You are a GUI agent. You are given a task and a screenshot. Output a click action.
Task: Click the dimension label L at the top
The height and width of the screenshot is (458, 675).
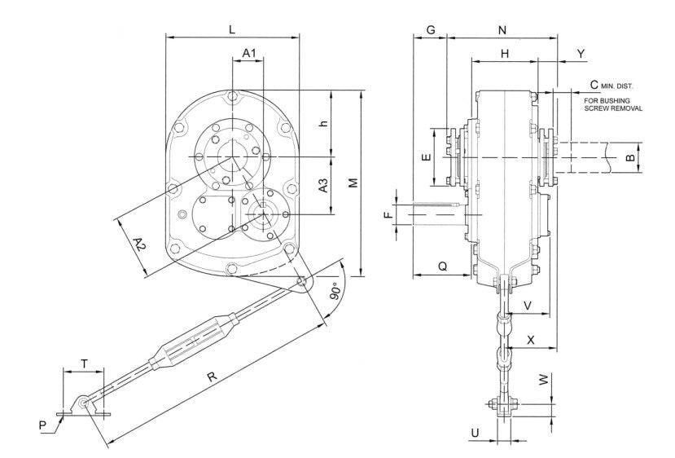(232, 29)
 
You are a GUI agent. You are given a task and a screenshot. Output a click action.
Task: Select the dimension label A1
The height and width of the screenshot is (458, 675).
(251, 53)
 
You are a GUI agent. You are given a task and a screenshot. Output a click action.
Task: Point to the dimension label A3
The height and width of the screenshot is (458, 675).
(323, 185)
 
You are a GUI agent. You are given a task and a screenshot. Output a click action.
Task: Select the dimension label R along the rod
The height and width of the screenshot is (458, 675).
(212, 377)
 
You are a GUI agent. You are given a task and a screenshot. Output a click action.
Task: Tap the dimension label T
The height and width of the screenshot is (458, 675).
(85, 363)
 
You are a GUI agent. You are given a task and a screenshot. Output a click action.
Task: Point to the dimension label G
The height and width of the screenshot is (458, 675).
(431, 30)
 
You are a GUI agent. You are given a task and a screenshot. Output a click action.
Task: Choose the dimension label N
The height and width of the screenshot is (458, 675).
(502, 30)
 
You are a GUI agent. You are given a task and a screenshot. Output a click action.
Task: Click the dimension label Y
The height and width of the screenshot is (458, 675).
(581, 53)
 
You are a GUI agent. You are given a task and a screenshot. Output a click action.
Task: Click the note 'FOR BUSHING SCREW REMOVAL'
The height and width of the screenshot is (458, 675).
(613, 104)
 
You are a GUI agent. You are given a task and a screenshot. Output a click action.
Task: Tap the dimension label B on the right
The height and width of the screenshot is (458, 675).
(630, 157)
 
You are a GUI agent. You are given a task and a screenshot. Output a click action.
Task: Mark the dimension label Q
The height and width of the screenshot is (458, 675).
(442, 266)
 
